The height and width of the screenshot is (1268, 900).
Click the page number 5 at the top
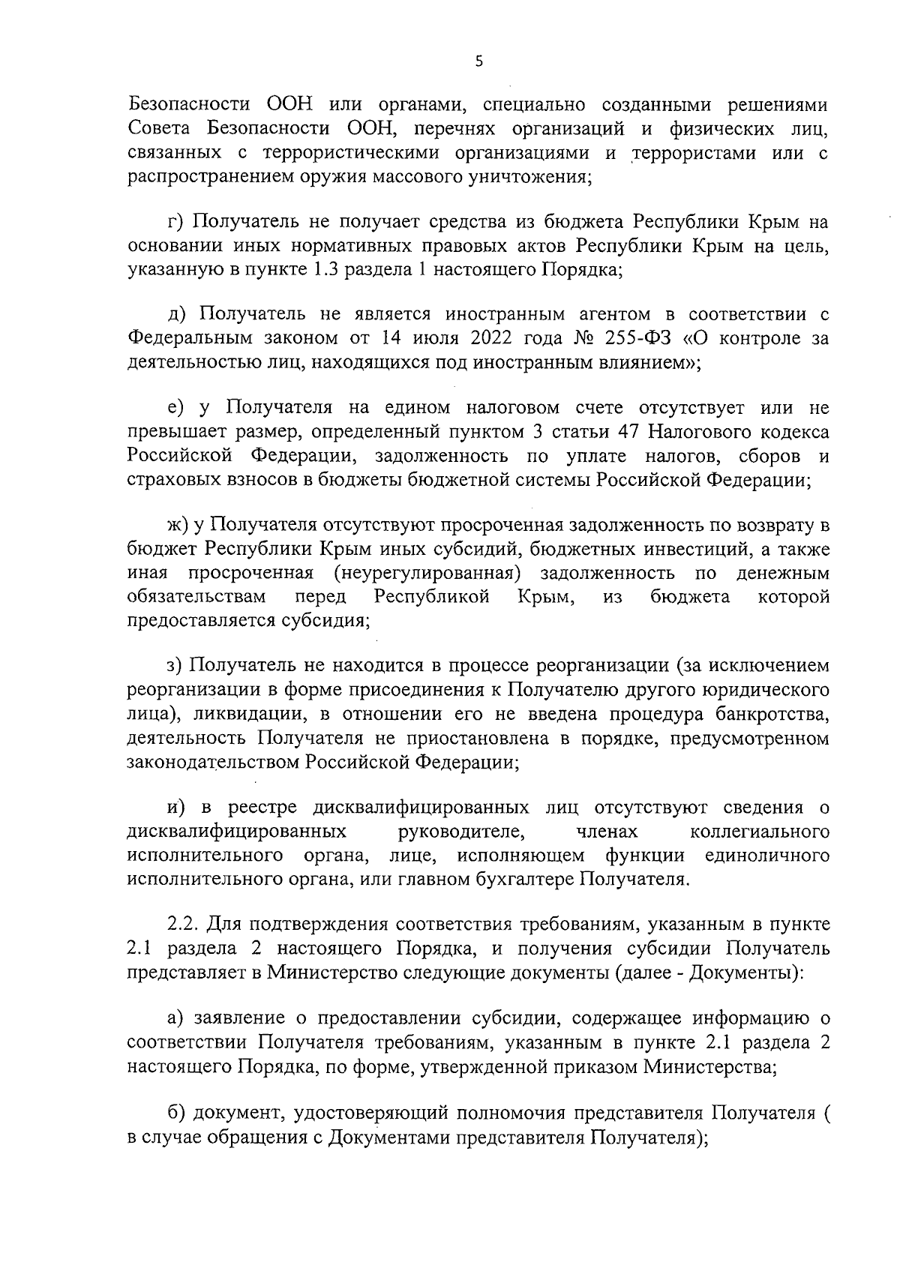(479, 62)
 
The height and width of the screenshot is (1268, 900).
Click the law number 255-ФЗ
(635, 339)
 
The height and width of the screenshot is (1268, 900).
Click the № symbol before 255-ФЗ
(584, 339)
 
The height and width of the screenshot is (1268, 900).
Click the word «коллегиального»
(758, 832)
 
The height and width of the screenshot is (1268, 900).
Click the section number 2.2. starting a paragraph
(184, 926)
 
